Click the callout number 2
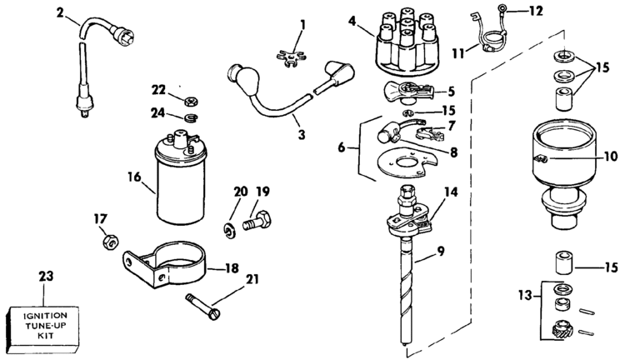coord(58,12)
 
